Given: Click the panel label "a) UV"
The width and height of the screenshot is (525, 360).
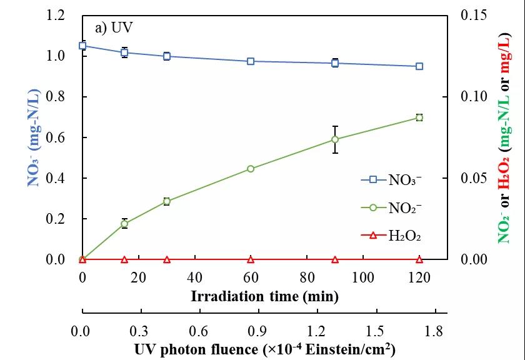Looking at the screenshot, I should click(x=114, y=28).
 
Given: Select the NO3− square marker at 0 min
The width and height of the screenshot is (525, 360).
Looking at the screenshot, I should click(x=82, y=46).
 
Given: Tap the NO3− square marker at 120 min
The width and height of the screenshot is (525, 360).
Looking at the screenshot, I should click(x=419, y=66).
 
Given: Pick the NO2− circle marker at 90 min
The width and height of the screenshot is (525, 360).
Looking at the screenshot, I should click(x=335, y=139).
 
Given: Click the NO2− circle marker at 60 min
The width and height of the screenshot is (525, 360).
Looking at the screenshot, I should click(x=251, y=169).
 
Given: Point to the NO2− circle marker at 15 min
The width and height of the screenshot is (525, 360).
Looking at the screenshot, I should click(x=124, y=224).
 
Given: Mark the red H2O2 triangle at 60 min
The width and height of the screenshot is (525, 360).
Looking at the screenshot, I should click(x=251, y=259).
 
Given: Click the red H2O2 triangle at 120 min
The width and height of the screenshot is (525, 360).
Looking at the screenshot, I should click(x=419, y=259).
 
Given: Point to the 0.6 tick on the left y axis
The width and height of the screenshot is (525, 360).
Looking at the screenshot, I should click(x=56, y=137).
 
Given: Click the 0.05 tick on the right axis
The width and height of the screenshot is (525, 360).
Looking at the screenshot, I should click(x=473, y=178).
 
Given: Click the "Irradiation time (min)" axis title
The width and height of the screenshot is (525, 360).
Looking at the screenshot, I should click(x=264, y=296).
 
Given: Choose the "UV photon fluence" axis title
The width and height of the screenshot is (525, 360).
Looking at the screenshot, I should click(x=264, y=349).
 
